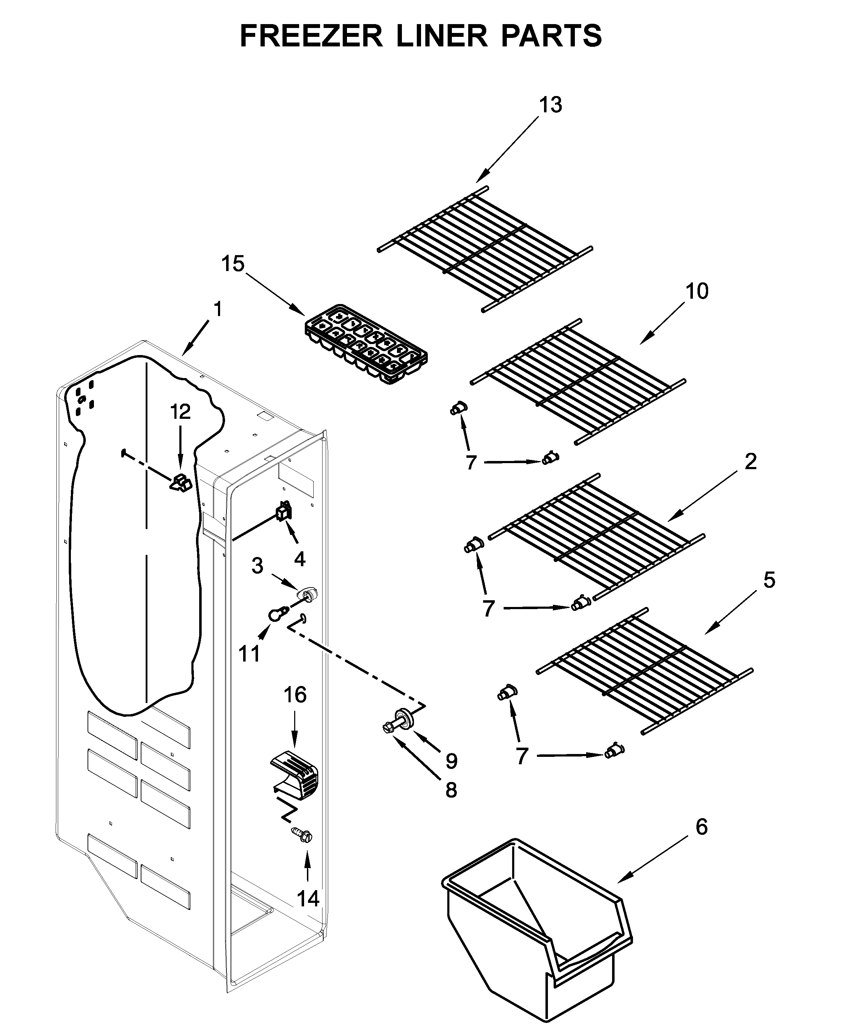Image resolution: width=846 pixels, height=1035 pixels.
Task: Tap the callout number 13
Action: [551, 105]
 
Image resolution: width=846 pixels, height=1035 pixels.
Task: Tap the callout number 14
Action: [308, 899]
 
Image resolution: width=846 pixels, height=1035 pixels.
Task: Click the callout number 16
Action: [295, 695]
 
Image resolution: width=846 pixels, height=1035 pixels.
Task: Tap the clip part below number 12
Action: [181, 482]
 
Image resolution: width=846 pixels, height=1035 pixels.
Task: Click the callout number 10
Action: [697, 291]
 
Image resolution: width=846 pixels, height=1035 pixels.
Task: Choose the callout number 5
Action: [769, 580]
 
